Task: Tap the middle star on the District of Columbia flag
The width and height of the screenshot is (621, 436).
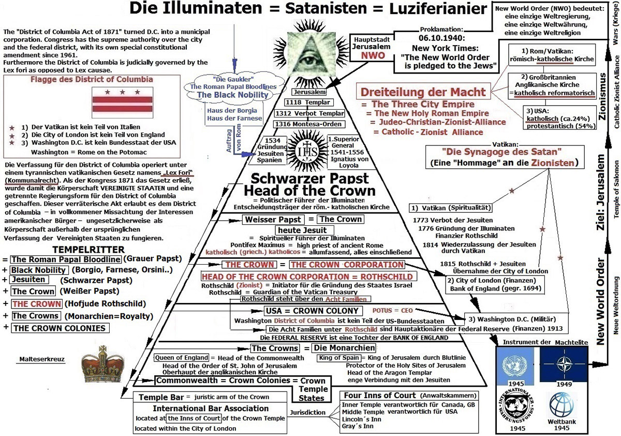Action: (122, 92)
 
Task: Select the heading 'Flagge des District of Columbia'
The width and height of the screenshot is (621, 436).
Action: (92, 79)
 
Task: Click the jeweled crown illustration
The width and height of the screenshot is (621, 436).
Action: (103, 364)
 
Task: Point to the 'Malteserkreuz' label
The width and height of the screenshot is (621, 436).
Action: (42, 359)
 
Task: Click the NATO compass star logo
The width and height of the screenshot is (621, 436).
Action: (564, 364)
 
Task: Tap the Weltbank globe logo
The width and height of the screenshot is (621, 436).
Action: (561, 405)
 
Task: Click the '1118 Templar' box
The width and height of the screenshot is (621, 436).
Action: (308, 103)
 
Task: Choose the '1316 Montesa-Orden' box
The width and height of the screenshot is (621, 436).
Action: (308, 124)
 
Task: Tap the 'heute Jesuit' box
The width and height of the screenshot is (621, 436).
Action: (304, 230)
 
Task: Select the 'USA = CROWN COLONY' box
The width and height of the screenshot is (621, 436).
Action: (313, 311)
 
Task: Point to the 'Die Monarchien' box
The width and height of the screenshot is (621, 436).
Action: (344, 348)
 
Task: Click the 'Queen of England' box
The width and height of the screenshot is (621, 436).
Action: (182, 358)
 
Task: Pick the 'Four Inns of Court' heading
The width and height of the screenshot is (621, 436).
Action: (380, 395)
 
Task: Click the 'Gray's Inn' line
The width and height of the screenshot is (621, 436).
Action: (358, 426)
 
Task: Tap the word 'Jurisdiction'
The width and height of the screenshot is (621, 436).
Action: (307, 412)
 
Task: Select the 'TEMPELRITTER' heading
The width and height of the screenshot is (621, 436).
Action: (88, 250)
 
